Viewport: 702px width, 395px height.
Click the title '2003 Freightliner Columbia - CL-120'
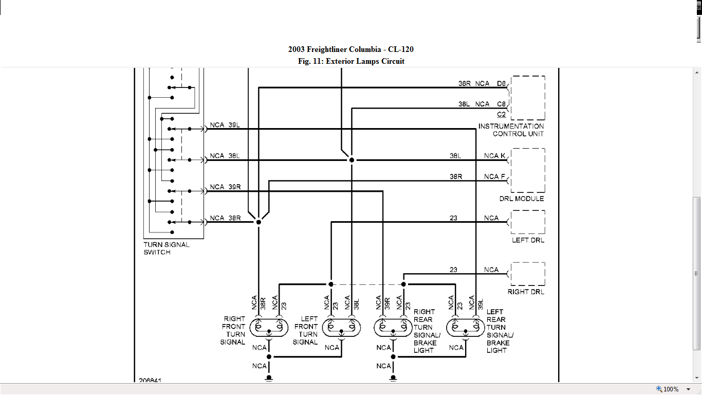click(x=350, y=49)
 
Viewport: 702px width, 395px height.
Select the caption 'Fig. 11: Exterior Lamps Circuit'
click(x=350, y=61)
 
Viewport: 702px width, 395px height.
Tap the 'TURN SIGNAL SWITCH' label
click(x=167, y=248)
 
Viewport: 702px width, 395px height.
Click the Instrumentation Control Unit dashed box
click(x=528, y=98)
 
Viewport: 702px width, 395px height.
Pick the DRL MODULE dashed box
click(x=528, y=170)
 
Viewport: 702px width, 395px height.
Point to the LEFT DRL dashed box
click(x=528, y=222)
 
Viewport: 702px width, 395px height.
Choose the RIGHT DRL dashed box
click(x=528, y=274)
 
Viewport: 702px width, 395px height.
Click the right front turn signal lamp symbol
click(x=269, y=327)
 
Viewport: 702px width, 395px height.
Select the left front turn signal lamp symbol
click(x=341, y=327)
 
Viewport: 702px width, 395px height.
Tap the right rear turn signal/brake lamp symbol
click(x=393, y=327)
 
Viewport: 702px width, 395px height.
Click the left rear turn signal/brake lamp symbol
click(x=466, y=327)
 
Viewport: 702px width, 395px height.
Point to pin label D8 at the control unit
click(x=501, y=83)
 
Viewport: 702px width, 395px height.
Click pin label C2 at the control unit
click(x=501, y=114)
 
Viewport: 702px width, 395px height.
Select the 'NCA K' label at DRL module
click(x=494, y=155)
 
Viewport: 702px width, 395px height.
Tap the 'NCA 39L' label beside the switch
click(x=225, y=125)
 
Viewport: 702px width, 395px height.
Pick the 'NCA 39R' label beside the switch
click(x=225, y=187)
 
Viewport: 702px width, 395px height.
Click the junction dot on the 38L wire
click(x=352, y=160)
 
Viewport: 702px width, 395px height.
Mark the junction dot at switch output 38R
click(x=258, y=222)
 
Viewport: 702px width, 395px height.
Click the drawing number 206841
click(x=150, y=381)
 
